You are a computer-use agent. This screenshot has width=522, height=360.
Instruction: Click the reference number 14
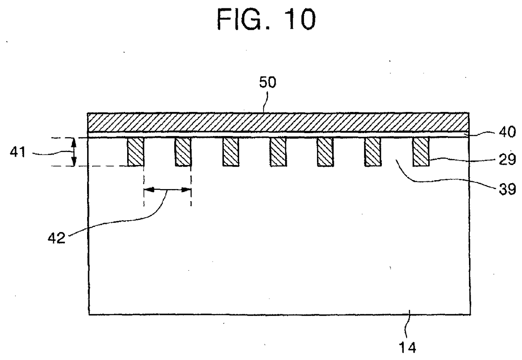(407, 348)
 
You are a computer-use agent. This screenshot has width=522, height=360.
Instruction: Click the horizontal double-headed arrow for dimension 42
(167, 190)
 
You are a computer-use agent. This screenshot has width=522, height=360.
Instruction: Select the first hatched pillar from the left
(136, 152)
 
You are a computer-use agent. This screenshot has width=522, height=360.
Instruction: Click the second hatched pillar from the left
(183, 152)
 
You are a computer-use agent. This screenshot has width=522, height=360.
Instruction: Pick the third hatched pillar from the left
(231, 152)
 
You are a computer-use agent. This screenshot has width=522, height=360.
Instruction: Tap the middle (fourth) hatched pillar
(278, 152)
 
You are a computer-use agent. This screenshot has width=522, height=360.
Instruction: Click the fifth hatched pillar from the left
(325, 152)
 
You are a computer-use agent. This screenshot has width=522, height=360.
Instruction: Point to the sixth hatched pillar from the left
(373, 152)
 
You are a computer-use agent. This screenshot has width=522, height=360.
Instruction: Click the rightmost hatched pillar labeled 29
(421, 152)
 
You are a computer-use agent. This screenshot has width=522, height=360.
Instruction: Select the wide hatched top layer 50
(278, 122)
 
